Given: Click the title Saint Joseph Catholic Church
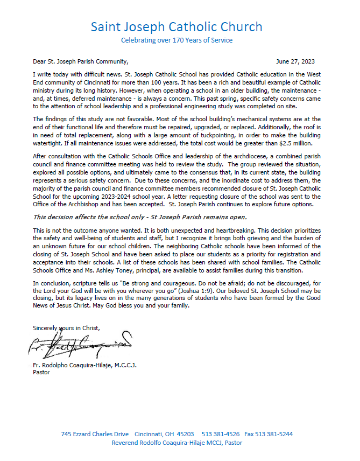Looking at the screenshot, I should coord(177,27).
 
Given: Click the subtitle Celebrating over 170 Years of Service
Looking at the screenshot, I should coord(177,40).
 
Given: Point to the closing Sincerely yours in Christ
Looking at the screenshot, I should coord(66,327).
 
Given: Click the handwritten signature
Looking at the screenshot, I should coord(78,345).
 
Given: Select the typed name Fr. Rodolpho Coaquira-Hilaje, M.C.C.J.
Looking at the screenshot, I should coord(84,366).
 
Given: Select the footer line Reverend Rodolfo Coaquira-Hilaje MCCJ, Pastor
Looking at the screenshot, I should coord(177,443).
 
